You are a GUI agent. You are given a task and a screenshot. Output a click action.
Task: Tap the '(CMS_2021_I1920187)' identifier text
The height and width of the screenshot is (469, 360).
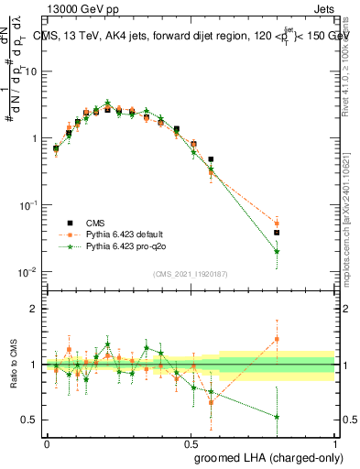pos(190,273)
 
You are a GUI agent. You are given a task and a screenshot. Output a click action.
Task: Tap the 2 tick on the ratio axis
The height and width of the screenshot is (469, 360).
pos(33,309)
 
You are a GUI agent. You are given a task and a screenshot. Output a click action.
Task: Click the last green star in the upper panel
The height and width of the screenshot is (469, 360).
pos(277,251)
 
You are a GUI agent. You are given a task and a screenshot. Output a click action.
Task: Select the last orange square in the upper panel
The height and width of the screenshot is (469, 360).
pos(277,224)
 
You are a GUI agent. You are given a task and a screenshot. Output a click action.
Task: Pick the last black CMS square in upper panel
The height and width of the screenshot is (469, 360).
pos(277,233)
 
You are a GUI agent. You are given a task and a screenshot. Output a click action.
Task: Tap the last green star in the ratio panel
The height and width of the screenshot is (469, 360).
pos(277,417)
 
